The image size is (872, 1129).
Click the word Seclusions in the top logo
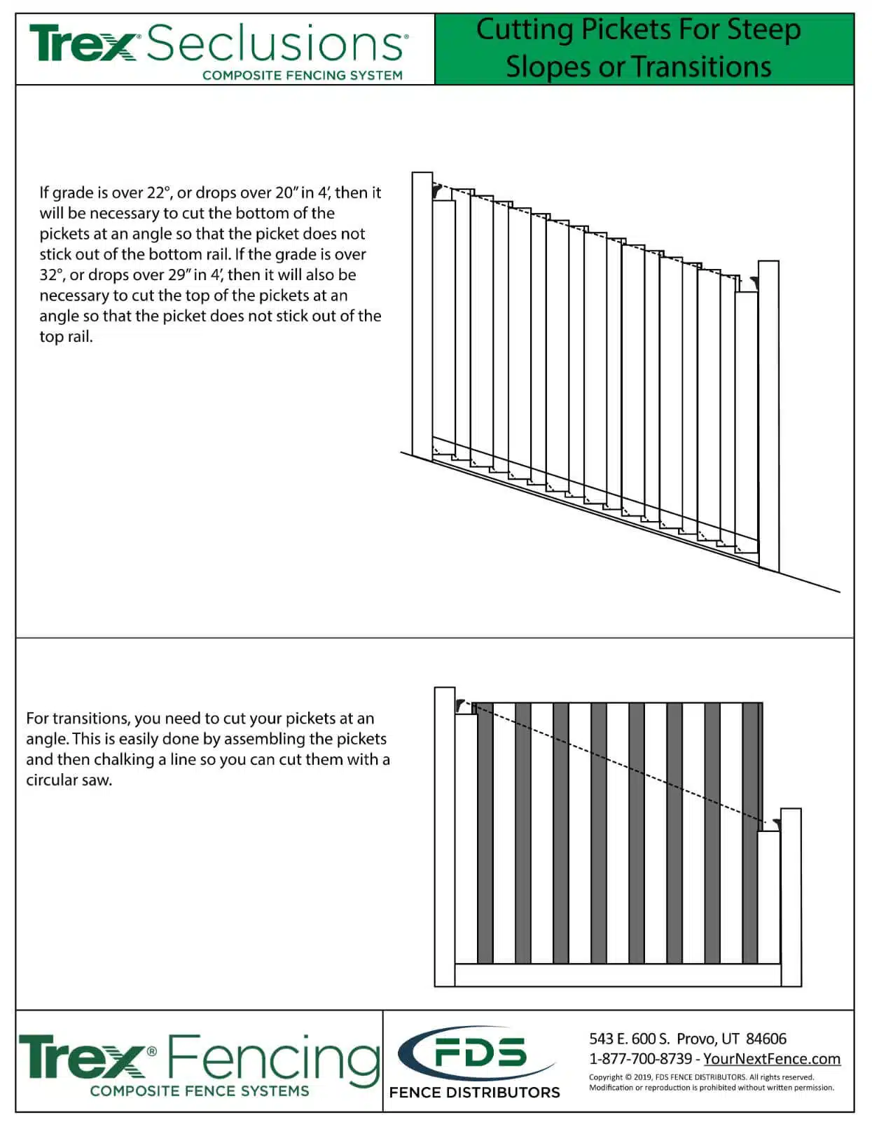click(277, 44)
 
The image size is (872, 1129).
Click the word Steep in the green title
click(763, 29)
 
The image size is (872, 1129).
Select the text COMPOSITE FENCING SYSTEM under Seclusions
click(302, 75)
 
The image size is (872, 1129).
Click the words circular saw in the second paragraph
click(69, 780)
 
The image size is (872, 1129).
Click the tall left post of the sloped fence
click(422, 315)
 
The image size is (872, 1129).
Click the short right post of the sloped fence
click(768, 413)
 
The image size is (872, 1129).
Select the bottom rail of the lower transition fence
click(616, 975)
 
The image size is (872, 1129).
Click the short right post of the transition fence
click(791, 896)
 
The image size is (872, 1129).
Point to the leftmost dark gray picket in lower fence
click(485, 833)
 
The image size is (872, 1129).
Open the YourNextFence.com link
click(772, 1059)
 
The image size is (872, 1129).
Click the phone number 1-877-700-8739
click(640, 1059)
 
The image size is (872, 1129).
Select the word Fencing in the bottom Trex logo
click(273, 1058)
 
